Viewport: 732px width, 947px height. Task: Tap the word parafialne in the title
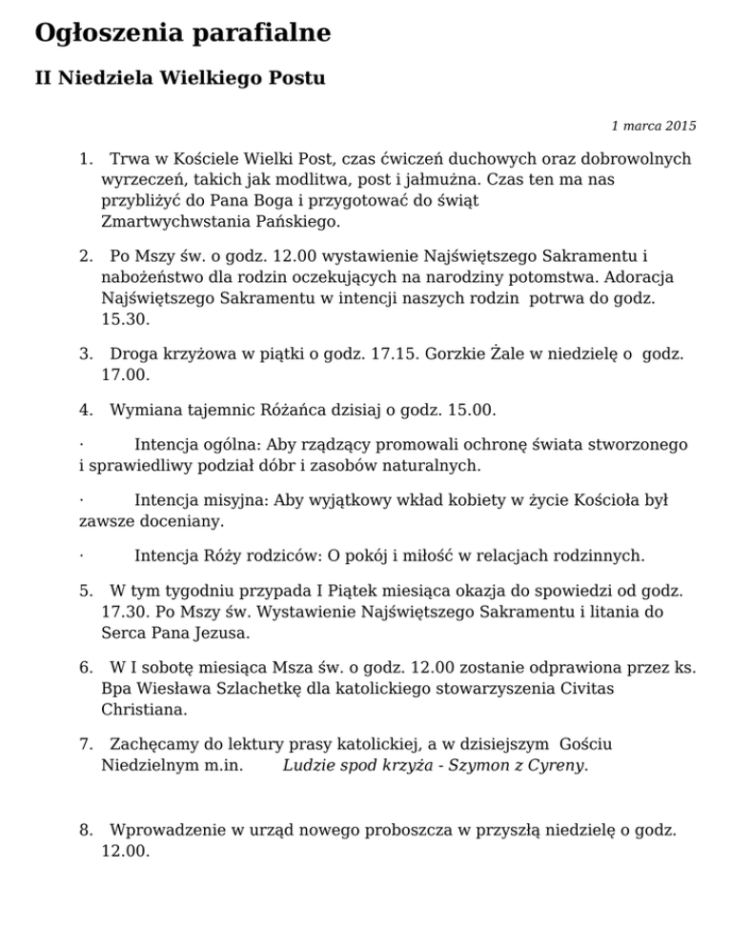click(x=259, y=34)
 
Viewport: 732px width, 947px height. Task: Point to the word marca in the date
click(x=638, y=125)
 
